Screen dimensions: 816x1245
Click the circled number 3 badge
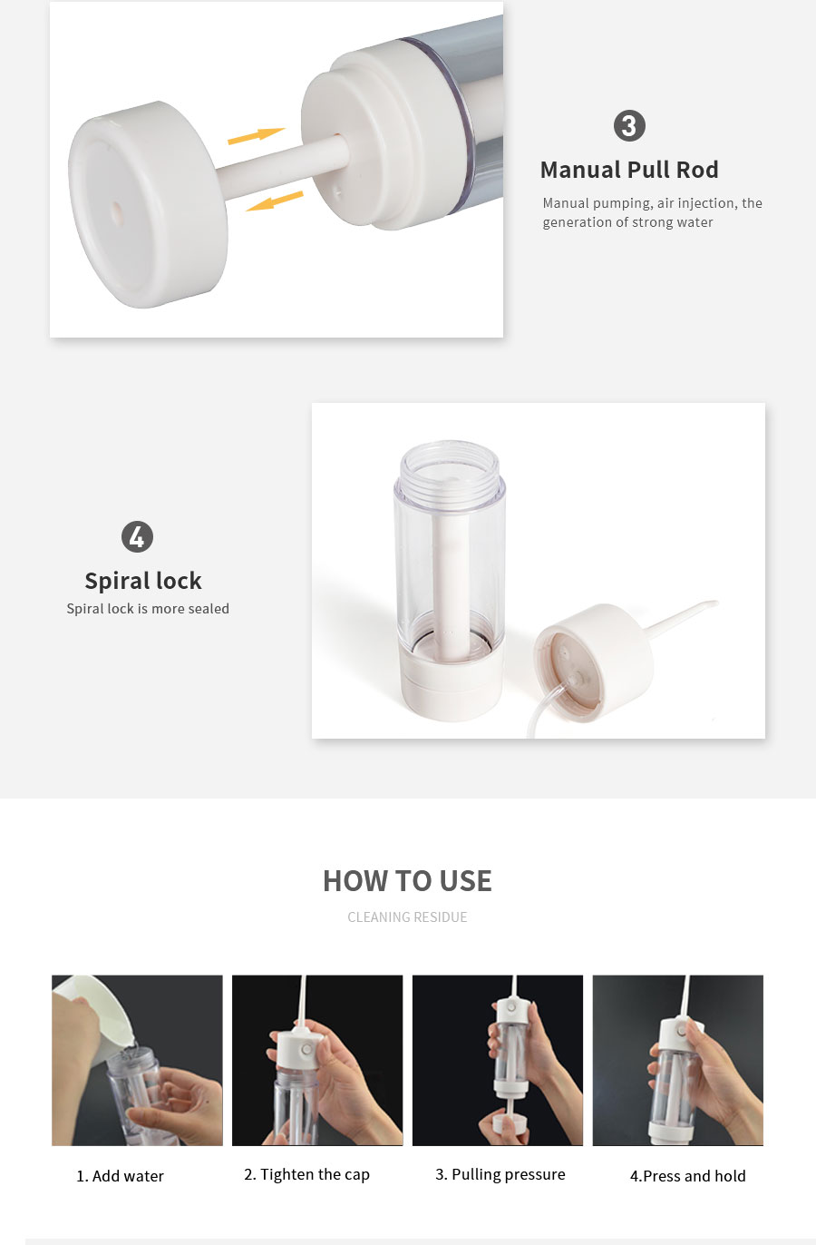(629, 125)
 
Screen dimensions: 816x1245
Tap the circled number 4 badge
(137, 536)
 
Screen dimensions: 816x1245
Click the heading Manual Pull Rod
(629, 170)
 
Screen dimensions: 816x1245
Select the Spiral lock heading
(143, 581)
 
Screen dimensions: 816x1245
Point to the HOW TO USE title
(407, 881)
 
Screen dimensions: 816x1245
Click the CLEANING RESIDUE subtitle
(407, 917)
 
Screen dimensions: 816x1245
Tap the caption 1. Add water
(120, 1175)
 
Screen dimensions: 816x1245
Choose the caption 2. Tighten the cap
(306, 1174)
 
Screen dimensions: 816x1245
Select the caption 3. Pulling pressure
(500, 1174)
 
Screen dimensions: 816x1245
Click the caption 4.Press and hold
(687, 1175)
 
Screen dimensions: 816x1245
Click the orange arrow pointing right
(256, 135)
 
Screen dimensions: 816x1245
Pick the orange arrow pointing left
(275, 201)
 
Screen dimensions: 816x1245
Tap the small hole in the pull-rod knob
(117, 211)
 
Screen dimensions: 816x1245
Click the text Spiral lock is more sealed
(148, 609)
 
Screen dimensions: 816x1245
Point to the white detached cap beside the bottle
(595, 662)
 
